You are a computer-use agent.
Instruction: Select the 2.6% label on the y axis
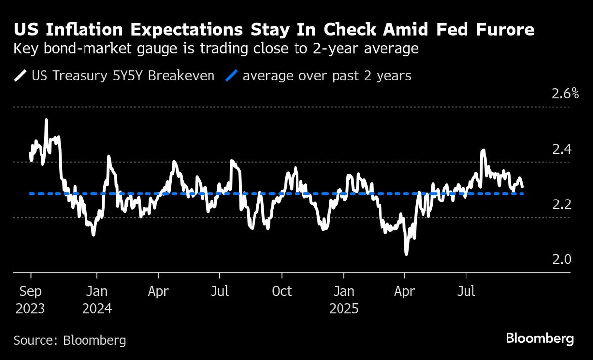pyautogui.click(x=565, y=94)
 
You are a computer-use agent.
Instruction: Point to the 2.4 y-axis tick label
pyautogui.click(x=561, y=149)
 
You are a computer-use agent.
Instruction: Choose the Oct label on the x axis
pyautogui.click(x=282, y=291)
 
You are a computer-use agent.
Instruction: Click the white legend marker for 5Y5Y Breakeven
pyautogui.click(x=21, y=76)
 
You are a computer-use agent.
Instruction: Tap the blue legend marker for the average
pyautogui.click(x=232, y=76)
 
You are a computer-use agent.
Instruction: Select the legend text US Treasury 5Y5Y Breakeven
pyautogui.click(x=123, y=76)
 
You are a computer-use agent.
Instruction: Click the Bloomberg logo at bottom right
pyautogui.click(x=540, y=339)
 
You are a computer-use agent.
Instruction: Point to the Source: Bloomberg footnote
pyautogui.click(x=70, y=340)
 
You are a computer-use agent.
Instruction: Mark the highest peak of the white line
pyautogui.click(x=46, y=120)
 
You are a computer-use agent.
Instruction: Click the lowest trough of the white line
pyautogui.click(x=406, y=254)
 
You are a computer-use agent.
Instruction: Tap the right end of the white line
pyautogui.click(x=523, y=187)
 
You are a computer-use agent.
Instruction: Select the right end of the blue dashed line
pyautogui.click(x=522, y=194)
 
